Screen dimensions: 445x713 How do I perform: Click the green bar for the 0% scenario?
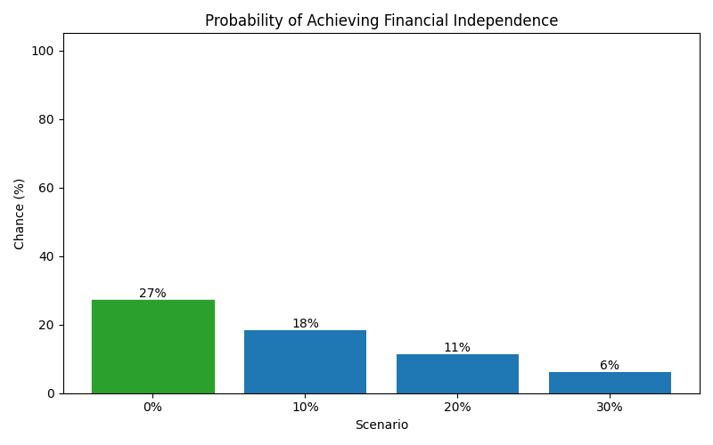click(152, 346)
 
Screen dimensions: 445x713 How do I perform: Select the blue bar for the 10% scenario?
click(305, 361)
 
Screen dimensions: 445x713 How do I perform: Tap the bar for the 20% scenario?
click(457, 374)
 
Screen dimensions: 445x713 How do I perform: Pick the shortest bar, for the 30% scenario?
click(610, 383)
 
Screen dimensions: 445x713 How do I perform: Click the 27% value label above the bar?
click(152, 294)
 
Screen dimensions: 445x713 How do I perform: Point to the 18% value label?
click(305, 324)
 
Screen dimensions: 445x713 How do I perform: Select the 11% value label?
click(457, 348)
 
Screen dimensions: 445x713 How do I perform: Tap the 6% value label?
click(610, 366)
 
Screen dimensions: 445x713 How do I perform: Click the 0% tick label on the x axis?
click(152, 408)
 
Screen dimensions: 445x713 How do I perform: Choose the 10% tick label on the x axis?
click(305, 408)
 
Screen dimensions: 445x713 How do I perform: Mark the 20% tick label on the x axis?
click(457, 408)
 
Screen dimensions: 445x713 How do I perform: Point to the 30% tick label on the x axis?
click(610, 408)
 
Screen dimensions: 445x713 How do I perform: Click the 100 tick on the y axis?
click(43, 51)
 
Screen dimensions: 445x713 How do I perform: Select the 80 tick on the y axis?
click(46, 119)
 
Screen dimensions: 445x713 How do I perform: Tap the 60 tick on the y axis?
click(46, 188)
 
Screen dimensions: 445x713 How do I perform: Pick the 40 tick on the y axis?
click(46, 256)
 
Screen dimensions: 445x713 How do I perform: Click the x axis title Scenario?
click(381, 425)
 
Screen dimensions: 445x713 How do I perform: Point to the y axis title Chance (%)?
click(20, 214)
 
